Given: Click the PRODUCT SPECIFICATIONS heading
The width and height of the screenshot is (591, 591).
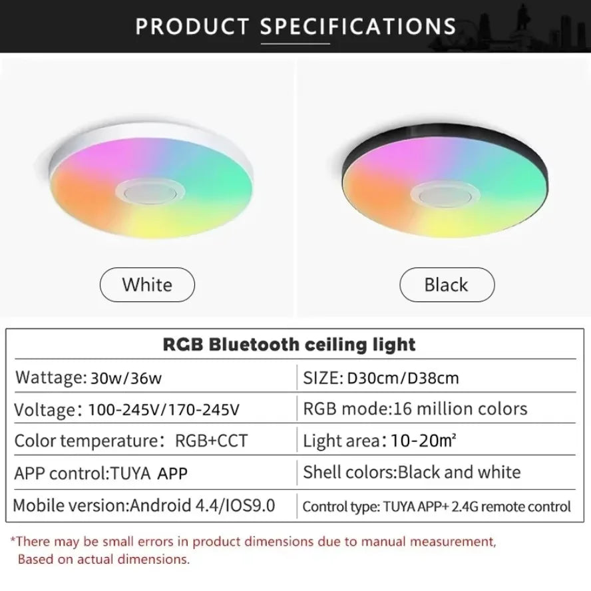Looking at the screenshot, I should tap(295, 26).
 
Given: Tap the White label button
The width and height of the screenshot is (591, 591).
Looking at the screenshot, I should tap(147, 285).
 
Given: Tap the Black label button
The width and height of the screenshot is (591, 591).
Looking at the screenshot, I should tap(447, 285).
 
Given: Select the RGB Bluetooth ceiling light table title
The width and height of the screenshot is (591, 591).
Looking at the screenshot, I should tap(289, 344).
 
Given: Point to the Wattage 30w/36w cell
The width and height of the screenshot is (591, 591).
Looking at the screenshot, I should tap(89, 377).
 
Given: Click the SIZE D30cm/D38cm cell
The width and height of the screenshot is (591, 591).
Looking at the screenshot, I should tap(381, 377).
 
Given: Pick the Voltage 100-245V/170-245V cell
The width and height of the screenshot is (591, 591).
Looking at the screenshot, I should tap(126, 409).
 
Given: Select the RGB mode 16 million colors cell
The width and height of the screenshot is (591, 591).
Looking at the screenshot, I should tap(415, 409).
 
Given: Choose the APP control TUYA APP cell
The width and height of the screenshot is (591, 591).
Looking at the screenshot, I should tap(101, 473).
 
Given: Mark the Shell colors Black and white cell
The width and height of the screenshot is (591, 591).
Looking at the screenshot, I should tap(411, 473).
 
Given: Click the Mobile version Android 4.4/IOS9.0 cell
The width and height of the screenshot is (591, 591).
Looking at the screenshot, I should tap(144, 505).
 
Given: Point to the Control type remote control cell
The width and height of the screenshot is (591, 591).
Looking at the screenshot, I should tap(437, 506).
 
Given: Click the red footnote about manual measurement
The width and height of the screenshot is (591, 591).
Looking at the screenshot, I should tap(253, 550).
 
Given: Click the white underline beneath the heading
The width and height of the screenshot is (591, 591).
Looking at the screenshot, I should tap(295, 44).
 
